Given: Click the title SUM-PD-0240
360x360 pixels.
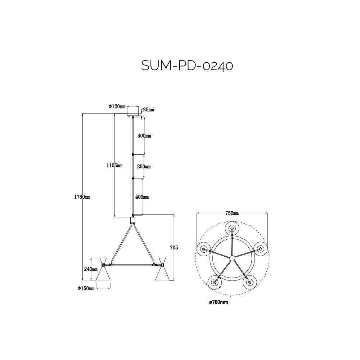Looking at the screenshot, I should coord(187,66).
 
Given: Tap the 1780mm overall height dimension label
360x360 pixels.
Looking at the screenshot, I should coord(83,197).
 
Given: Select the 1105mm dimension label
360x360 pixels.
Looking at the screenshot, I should coord(114,165).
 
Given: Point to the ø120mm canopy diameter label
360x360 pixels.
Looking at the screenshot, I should coord(117,106).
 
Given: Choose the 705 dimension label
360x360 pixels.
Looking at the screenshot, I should coord(174,247).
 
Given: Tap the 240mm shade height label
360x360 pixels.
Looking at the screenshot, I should coord(91,269).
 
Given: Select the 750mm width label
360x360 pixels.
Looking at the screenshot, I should coord(232,213).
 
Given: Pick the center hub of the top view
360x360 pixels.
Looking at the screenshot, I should coord(232,257).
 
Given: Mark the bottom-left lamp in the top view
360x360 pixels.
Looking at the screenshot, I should coord(215,282).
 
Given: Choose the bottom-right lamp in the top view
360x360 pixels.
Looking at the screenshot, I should coord(249,282).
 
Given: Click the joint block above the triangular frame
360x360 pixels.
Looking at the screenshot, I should coord(133,220).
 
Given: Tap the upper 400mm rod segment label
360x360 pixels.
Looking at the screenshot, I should coord(144,136).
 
